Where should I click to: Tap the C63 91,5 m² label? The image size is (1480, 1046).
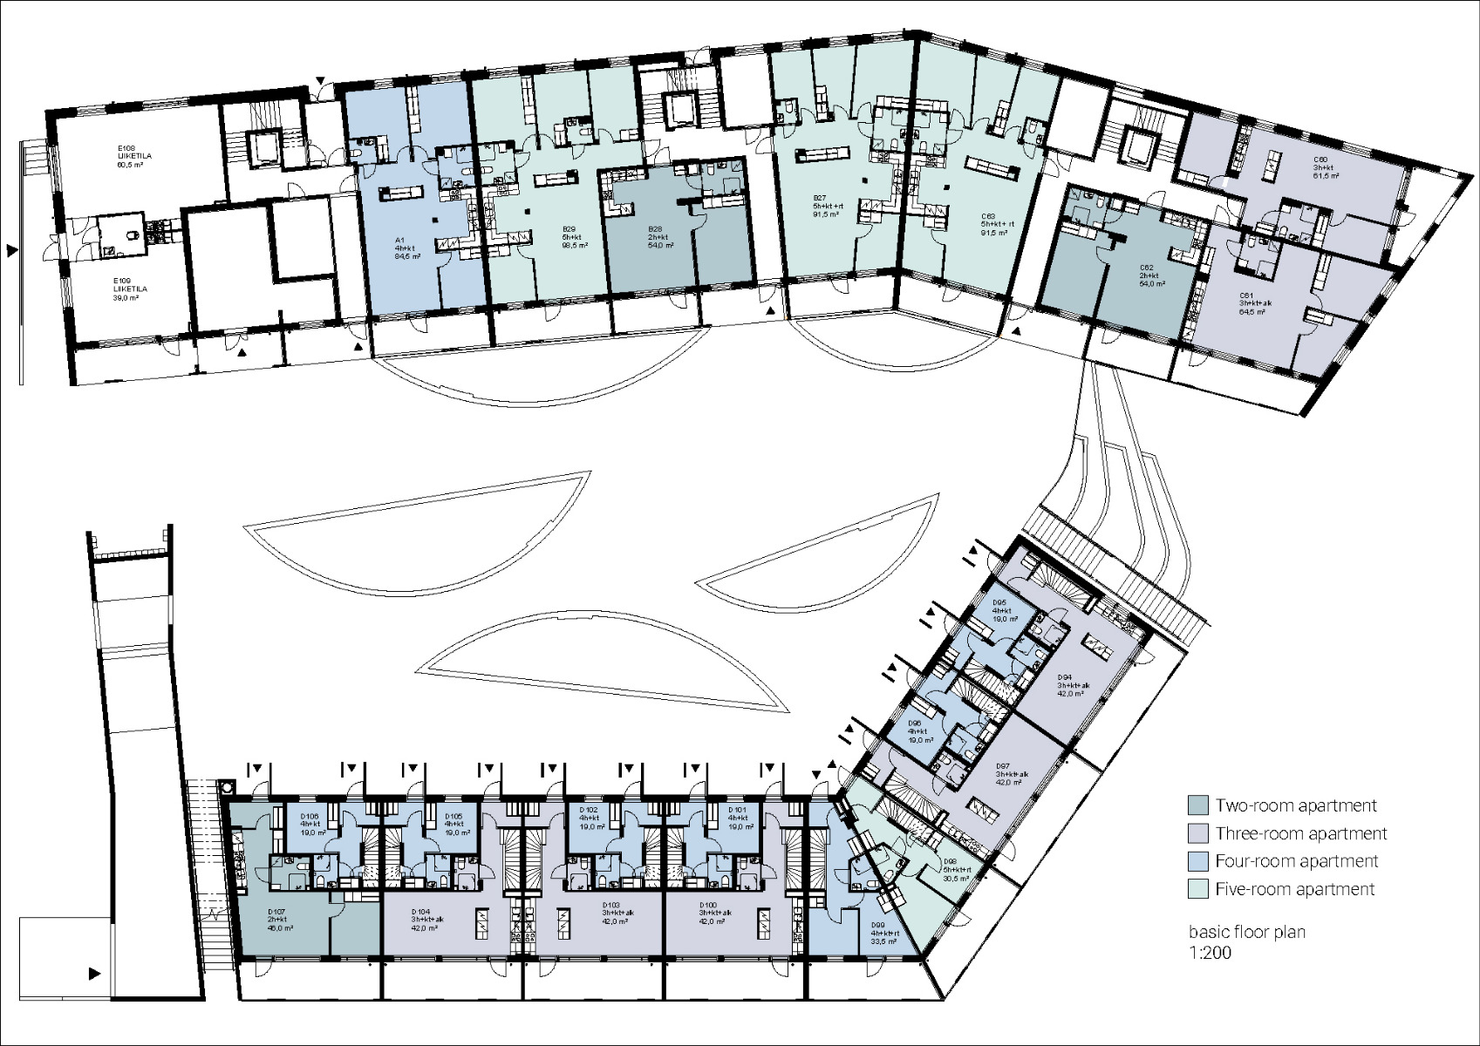(992, 224)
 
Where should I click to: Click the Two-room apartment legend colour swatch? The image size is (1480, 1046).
(1199, 805)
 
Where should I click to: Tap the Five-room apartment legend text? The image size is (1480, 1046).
(1295, 889)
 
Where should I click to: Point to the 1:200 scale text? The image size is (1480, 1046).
(1211, 953)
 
